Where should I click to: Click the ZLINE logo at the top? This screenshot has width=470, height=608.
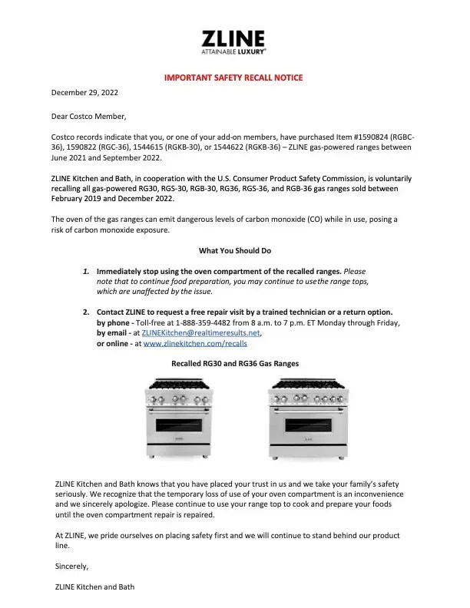pyautogui.click(x=234, y=42)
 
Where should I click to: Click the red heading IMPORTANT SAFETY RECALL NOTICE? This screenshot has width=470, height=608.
pyautogui.click(x=234, y=78)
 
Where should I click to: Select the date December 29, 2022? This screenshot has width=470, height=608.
pyautogui.click(x=84, y=93)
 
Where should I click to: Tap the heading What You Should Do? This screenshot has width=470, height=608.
pyautogui.click(x=234, y=250)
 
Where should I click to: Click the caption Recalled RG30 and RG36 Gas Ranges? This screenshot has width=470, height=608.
pyautogui.click(x=234, y=362)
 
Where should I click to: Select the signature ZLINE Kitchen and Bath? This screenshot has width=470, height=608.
pyautogui.click(x=94, y=587)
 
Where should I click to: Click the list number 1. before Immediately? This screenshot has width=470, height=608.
pyautogui.click(x=87, y=272)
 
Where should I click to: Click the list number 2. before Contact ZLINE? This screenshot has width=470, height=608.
pyautogui.click(x=87, y=312)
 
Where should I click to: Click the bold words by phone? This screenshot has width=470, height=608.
pyautogui.click(x=114, y=323)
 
